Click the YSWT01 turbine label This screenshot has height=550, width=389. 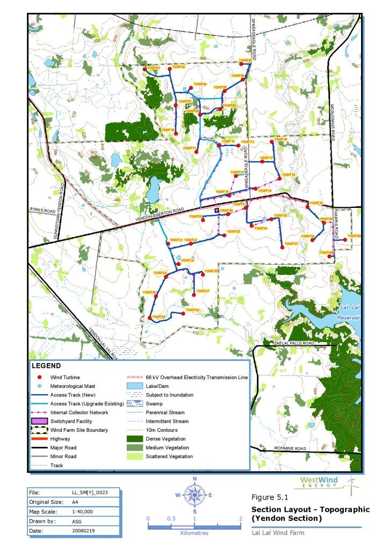(x=154, y=68)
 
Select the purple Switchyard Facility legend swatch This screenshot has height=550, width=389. (x=39, y=421)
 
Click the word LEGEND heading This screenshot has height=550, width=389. (x=47, y=365)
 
